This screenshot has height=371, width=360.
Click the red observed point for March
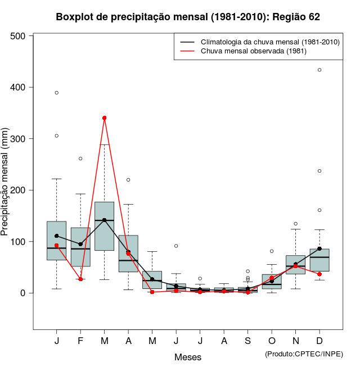click(x=105, y=118)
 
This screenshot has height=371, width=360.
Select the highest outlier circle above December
click(x=319, y=70)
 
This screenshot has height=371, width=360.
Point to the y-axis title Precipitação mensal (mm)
click(x=6, y=180)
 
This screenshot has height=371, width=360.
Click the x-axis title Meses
click(x=188, y=357)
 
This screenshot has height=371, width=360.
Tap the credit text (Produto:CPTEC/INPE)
click(x=304, y=354)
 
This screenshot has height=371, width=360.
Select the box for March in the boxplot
click(x=105, y=226)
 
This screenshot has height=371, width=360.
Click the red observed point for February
click(x=80, y=279)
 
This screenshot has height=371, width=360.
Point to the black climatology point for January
click(x=57, y=236)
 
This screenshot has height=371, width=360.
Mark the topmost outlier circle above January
click(x=57, y=93)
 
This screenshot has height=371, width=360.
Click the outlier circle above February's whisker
click(x=80, y=159)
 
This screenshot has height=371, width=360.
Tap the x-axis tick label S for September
click(x=247, y=341)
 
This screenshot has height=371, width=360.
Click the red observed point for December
click(x=319, y=274)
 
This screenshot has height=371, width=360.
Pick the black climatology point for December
click(x=319, y=248)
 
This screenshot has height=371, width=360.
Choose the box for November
click(x=296, y=265)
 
